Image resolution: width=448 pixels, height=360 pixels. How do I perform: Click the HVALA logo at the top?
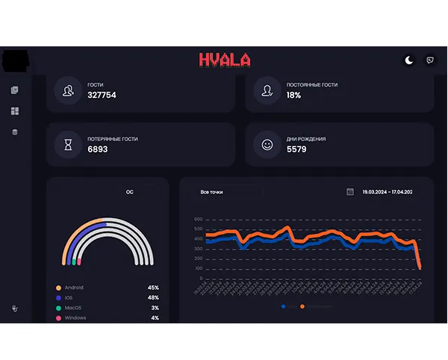225,60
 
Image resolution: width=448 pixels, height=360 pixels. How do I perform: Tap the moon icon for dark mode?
409,60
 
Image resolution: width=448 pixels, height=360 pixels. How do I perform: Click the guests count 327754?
102,96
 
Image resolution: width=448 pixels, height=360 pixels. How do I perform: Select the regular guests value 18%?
293,96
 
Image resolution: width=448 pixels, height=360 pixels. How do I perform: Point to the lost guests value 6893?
98,149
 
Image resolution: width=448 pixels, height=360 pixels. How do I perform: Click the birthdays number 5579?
297,149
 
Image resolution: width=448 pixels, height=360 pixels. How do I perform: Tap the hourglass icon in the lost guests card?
69,144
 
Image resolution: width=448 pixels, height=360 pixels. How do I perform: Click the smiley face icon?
267,144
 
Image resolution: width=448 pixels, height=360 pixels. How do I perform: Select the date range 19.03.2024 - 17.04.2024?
388,192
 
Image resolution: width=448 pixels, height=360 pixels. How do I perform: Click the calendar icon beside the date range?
350,192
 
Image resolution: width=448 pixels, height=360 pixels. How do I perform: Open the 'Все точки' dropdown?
224,192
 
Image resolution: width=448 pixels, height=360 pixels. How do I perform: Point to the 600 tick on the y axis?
199,220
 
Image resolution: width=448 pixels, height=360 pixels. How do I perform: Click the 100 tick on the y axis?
199,268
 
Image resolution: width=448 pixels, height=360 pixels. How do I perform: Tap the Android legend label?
74,288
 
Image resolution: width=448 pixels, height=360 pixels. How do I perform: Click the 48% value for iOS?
153,298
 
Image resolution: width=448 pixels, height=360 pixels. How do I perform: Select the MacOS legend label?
73,308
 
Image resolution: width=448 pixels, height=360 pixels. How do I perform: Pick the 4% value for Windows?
155,318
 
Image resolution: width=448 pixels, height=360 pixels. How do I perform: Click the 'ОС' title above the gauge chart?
129,192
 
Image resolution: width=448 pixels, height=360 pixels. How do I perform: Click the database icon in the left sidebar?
15,132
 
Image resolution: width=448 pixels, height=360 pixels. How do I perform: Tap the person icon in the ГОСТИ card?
69,91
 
